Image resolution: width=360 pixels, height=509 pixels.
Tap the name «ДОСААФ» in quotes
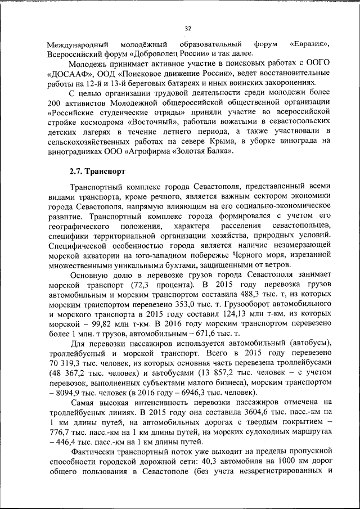point(68,75)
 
